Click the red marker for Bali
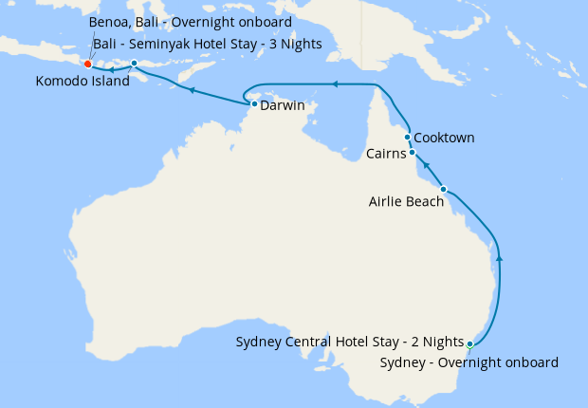pos(87,65)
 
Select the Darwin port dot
pos(254,104)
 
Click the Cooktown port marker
pos(407,137)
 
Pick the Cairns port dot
pos(412,152)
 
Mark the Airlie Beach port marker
pos(443,189)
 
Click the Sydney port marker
pos(469,343)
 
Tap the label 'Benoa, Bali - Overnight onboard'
pos(190,22)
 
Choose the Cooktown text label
pos(445,138)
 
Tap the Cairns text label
pos(386,153)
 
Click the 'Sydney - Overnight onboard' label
pos(469,362)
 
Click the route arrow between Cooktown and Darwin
pos(334,84)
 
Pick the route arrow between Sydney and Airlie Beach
pos(500,256)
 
